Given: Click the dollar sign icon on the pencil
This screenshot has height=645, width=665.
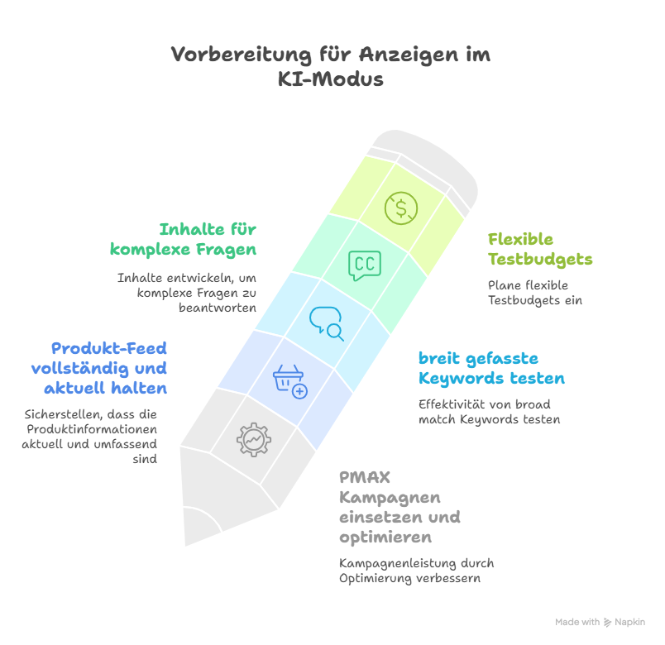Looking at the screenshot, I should tap(401, 208).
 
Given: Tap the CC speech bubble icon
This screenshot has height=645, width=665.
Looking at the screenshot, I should tap(363, 264).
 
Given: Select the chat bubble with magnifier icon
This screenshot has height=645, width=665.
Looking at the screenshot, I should tap(326, 322).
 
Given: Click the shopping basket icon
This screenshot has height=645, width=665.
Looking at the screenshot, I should tap(289, 381).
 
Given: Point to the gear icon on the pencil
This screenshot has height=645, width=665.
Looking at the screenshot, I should tap(253, 439).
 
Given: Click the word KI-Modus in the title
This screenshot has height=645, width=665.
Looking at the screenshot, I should tap(331, 80).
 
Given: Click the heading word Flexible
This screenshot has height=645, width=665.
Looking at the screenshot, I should tap(520, 240).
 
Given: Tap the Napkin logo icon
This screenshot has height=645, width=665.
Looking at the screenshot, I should tap(608, 622).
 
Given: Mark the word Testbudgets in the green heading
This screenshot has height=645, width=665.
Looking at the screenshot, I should tap(540, 260).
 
